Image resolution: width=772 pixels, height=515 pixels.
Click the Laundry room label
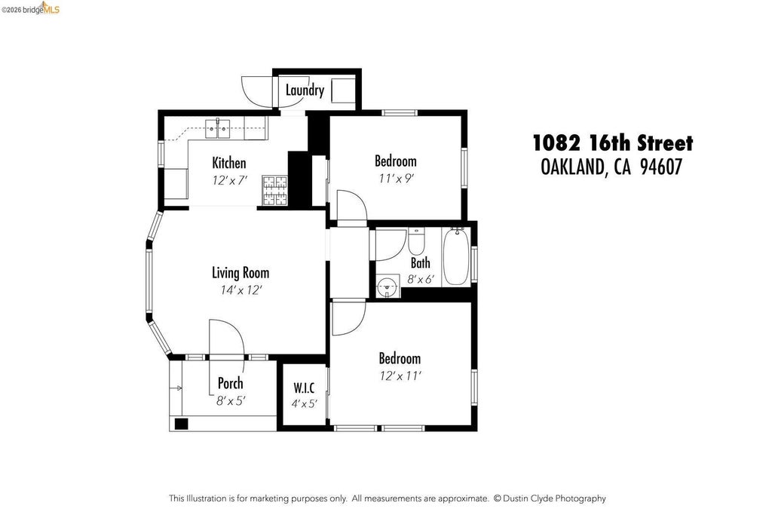point(305,90)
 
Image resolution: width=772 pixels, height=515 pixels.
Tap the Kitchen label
point(229,162)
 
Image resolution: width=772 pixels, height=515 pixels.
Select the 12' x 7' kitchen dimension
point(229,180)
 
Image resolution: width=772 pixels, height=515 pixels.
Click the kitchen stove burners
point(274,191)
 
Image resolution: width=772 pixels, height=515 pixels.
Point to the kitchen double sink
point(218,129)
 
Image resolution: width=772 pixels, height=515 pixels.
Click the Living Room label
point(240,273)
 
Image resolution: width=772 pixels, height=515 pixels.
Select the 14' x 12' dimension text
point(240,290)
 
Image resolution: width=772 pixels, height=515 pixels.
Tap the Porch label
point(231,382)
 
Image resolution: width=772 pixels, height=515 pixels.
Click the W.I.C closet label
point(304,388)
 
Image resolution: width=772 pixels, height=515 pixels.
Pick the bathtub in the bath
point(455,256)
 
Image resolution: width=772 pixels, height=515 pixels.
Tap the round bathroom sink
point(388,286)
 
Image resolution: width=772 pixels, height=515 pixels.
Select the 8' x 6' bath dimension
point(421,280)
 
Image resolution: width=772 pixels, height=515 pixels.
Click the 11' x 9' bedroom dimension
point(396,178)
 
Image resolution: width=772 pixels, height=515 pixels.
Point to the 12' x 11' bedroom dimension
point(400,376)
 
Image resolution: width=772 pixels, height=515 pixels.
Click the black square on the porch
point(182,424)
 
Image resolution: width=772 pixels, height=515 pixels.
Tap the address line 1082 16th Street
point(613,143)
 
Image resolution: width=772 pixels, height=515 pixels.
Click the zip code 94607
point(661,167)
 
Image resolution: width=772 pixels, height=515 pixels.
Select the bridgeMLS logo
point(30,8)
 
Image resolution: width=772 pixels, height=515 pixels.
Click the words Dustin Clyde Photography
point(554,498)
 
